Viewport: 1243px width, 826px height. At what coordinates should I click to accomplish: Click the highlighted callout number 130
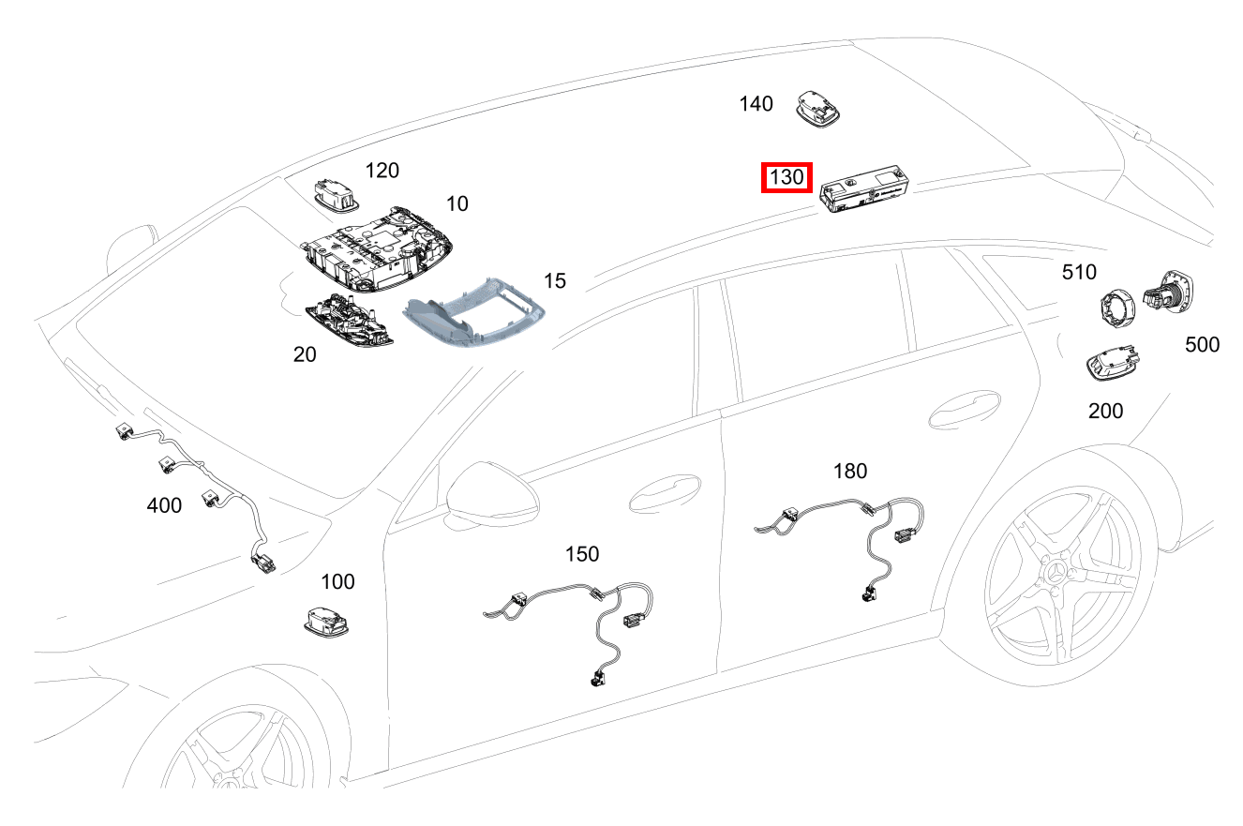point(786,176)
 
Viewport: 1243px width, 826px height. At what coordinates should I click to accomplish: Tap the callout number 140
point(756,103)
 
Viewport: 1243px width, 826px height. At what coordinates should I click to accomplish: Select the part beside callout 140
point(818,105)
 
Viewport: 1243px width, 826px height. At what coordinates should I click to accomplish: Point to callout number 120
point(382,170)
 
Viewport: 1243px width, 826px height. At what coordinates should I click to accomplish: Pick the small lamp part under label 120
point(335,193)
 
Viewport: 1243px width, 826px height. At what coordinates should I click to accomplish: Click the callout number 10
point(457,203)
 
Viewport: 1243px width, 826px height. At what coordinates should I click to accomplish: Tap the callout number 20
point(305,354)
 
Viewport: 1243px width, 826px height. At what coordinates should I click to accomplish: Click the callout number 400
point(164,505)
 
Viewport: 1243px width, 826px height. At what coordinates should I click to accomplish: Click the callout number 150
point(581,554)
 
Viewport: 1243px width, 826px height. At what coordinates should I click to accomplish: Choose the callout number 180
point(850,471)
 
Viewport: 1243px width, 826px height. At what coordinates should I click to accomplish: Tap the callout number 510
point(1079,272)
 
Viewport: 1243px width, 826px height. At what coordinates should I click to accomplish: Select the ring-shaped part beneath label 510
point(1117,306)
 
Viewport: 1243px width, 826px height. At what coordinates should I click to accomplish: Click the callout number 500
point(1202,344)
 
